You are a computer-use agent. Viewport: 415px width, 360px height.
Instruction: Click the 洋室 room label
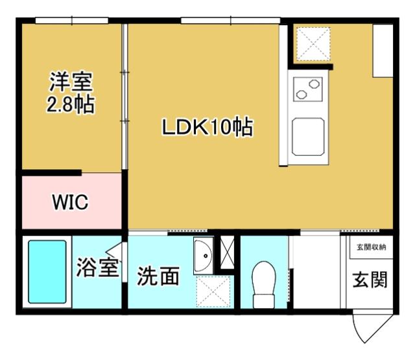71,82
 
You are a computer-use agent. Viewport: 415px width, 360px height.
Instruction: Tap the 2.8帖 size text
71,104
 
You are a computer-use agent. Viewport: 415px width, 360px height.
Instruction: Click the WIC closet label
69,202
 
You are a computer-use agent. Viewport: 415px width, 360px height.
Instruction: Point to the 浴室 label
97,268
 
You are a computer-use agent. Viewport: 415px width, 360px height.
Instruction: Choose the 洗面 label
158,277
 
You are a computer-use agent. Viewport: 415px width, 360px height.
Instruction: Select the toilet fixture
264,283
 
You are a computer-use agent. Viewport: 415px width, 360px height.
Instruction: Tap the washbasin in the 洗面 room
203,256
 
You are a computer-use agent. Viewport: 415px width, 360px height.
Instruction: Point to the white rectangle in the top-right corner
382,51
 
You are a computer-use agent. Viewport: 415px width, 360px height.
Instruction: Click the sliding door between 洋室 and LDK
124,97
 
